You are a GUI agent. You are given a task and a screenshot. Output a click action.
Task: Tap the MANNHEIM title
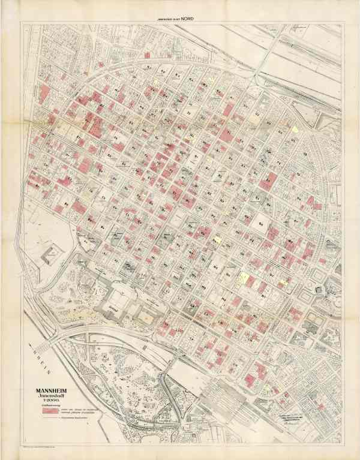pyautogui.click(x=52, y=394)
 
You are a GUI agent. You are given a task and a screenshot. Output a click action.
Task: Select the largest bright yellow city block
pyautogui.click(x=244, y=278)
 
